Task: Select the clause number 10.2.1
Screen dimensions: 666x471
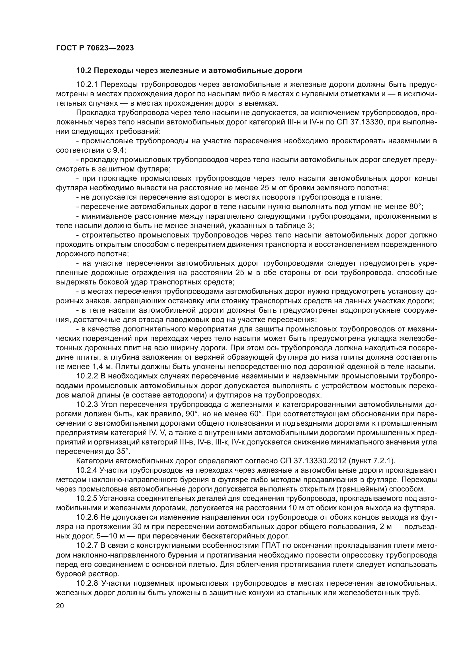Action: tap(88, 84)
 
